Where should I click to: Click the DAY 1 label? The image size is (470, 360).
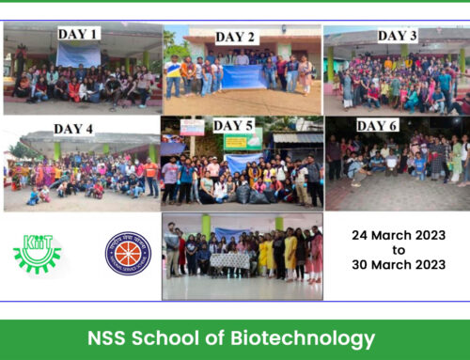coord(79,34)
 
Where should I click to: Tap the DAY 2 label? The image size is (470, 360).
coord(235,37)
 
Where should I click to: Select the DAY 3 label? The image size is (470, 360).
coord(398,36)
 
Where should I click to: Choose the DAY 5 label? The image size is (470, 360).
coord(233,125)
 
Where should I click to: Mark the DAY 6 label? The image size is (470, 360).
coord(377,125)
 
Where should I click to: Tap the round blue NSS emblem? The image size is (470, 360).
coord(128,254)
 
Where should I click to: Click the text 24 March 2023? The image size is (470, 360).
coord(397,235)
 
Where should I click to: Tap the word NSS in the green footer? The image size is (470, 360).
coord(117,338)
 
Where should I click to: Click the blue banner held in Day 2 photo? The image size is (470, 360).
coord(243,76)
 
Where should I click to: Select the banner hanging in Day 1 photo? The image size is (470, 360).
coord(77,55)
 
